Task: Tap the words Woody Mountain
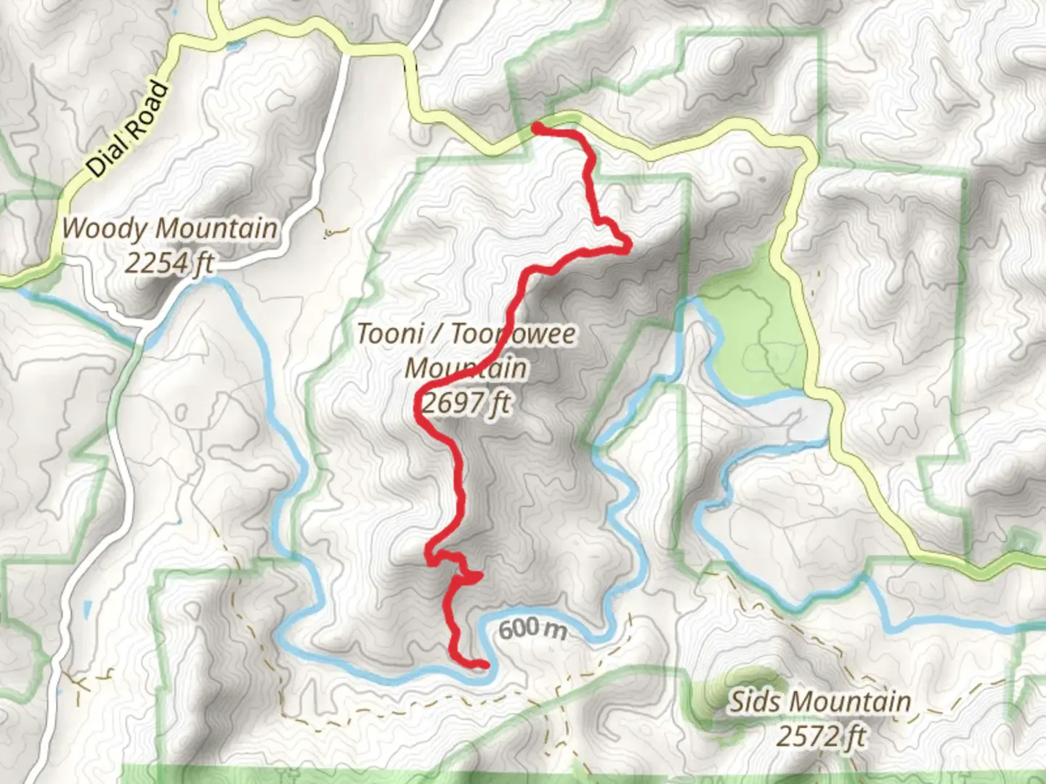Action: pos(169,229)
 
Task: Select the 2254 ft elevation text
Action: pos(169,263)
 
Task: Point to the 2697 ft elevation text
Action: pos(466,403)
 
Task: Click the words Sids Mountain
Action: pos(820,701)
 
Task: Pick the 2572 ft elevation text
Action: pos(821,736)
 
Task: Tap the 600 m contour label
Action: pos(532,628)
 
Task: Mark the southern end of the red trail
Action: pos(485,663)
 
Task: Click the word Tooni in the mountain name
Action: pos(390,334)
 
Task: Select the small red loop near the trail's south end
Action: pos(469,576)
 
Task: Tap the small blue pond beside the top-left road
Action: pos(235,46)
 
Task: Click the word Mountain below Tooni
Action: pos(466,368)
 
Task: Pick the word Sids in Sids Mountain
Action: pos(756,701)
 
